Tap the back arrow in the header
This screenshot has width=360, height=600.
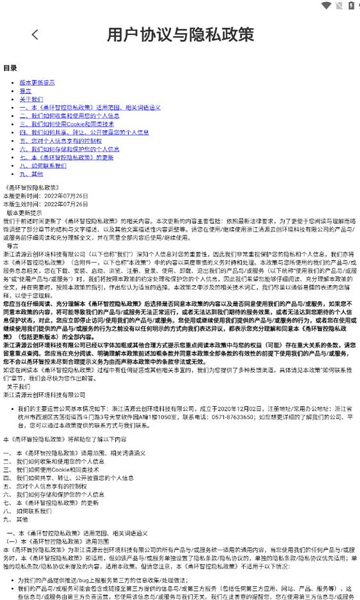pyautogui.click(x=34, y=62)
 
